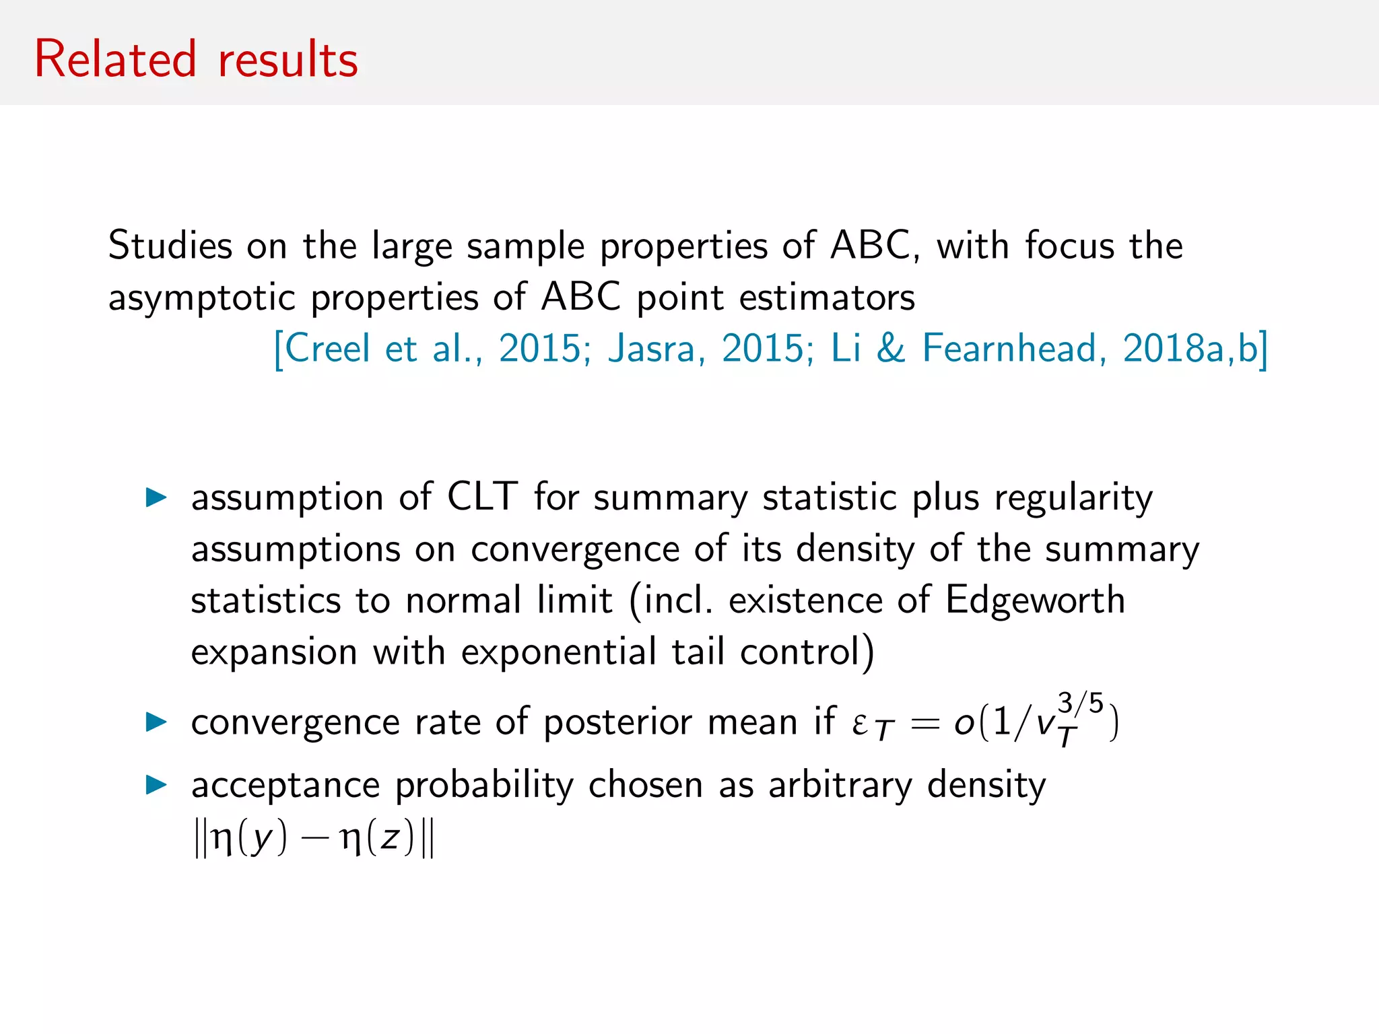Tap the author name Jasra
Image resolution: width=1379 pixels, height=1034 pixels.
651,349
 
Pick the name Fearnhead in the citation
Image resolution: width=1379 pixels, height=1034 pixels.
1007,349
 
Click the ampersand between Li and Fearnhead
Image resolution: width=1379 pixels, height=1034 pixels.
891,349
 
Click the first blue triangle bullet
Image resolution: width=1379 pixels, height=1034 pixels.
156,498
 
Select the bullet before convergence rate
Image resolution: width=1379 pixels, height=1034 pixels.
156,722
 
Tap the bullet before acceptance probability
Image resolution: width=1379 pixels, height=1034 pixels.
156,785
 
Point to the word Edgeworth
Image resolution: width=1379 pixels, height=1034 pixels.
1035,600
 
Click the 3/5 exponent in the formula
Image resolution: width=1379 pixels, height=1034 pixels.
1080,703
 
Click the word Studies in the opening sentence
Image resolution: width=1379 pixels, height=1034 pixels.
170,245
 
